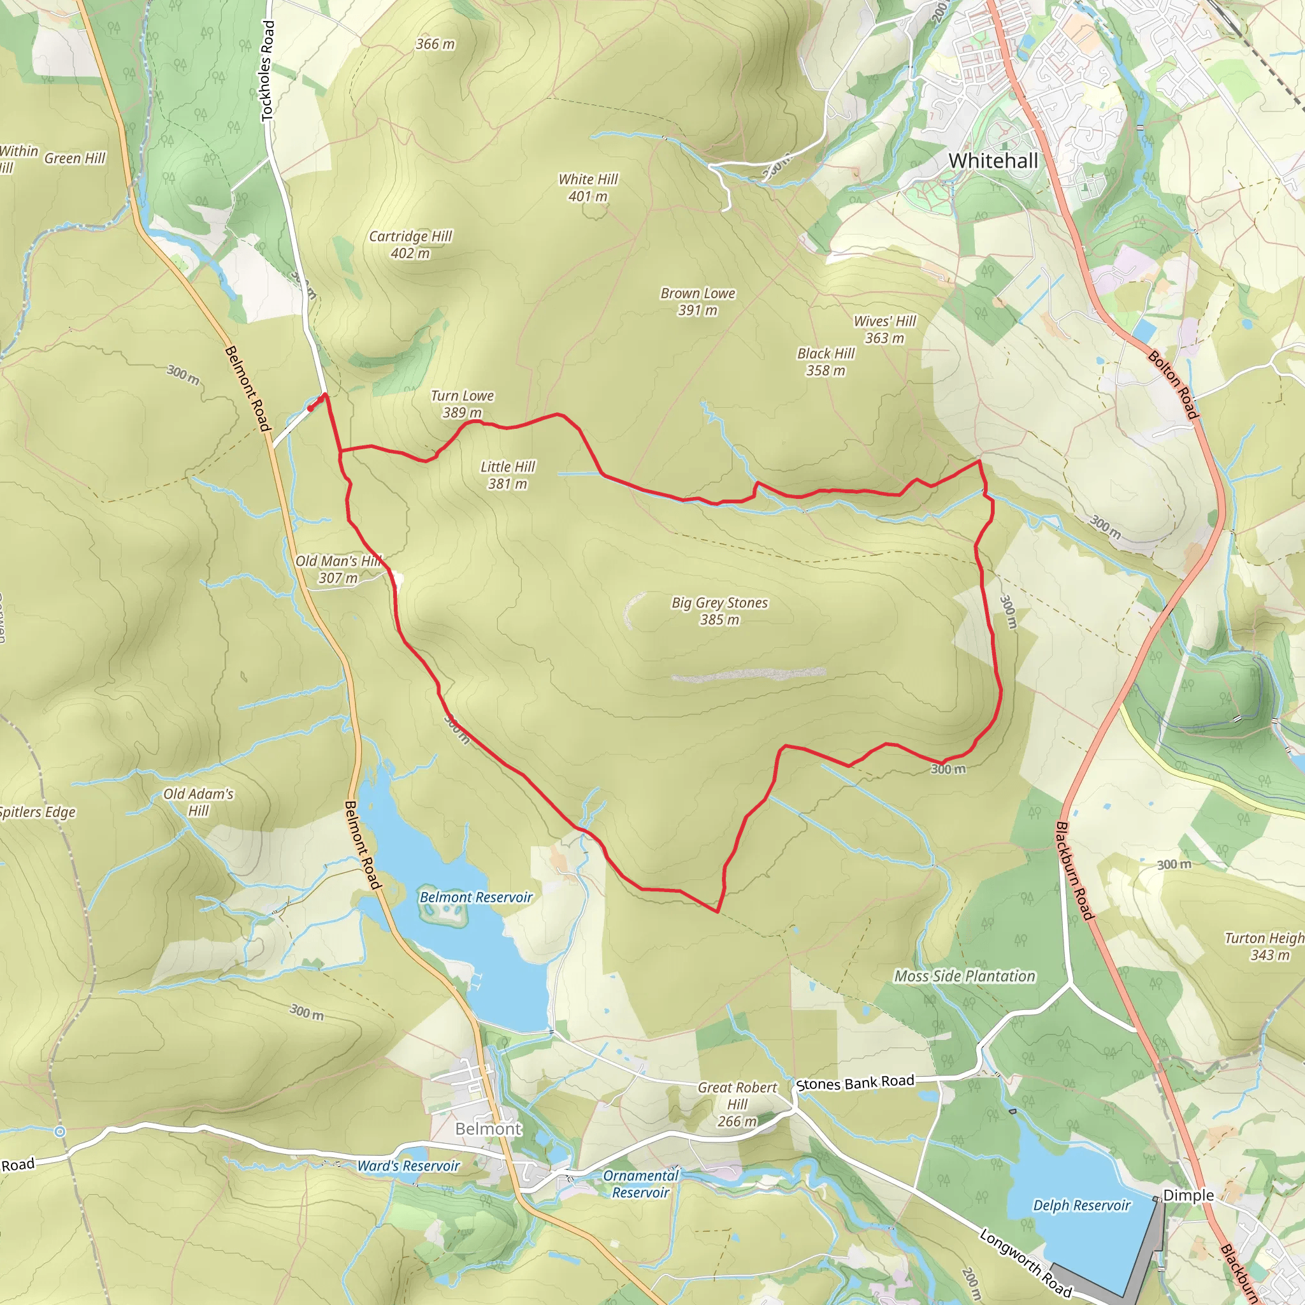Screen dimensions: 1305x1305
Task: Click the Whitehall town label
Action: click(x=992, y=161)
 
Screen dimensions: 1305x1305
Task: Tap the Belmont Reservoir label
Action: click(x=476, y=897)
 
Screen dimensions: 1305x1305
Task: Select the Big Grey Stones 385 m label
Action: click(x=719, y=610)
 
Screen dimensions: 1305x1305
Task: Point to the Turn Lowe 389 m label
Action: click(x=463, y=404)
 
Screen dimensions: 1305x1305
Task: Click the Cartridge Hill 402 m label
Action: click(x=410, y=245)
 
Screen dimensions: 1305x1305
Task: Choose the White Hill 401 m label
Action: click(x=588, y=188)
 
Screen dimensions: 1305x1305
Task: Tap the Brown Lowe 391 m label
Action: click(x=698, y=301)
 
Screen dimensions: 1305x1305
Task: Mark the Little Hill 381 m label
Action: click(x=507, y=475)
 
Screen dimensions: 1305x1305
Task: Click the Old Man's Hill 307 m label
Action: click(x=338, y=569)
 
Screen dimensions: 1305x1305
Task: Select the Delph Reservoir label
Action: click(x=1081, y=1206)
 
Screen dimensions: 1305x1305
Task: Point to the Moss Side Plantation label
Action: click(x=965, y=976)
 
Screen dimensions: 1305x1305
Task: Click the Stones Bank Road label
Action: click(x=855, y=1083)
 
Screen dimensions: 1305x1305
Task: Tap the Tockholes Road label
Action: click(x=268, y=71)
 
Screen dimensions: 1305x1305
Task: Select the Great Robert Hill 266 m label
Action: click(x=737, y=1104)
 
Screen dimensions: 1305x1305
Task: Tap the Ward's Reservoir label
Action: click(x=408, y=1166)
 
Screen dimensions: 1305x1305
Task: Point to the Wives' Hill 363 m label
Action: click(x=884, y=329)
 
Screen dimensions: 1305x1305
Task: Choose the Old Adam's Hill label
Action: click(x=199, y=802)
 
